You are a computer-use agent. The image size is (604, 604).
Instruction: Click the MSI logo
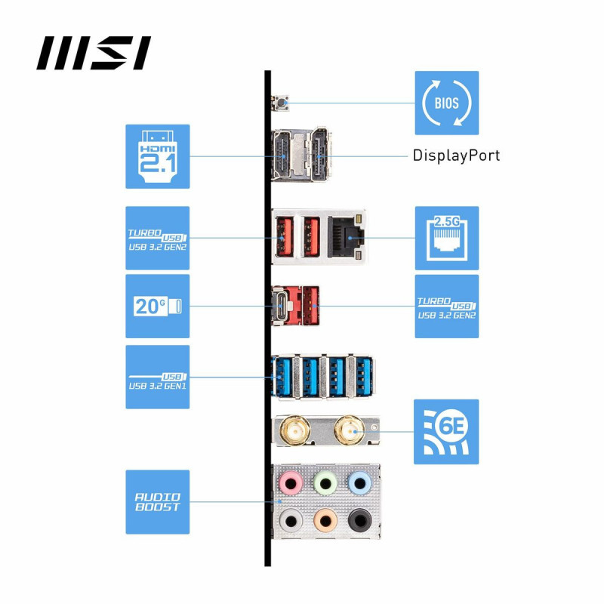(94, 53)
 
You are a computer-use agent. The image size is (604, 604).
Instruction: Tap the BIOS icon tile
(446, 103)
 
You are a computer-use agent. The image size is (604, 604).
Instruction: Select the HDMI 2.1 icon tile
(157, 156)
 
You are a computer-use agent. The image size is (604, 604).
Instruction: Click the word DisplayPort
(456, 156)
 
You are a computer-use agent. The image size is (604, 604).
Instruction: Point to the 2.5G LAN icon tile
(446, 238)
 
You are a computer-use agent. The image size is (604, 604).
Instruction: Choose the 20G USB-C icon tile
(157, 306)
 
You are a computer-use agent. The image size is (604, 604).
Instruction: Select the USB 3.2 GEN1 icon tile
(157, 377)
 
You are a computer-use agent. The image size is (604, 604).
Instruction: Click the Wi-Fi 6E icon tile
(446, 432)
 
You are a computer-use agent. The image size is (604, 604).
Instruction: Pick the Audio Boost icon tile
(157, 502)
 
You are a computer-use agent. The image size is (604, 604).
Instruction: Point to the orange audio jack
(325, 520)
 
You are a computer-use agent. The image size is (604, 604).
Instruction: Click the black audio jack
(359, 520)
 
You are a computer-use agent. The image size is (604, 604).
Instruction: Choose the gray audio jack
(290, 520)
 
